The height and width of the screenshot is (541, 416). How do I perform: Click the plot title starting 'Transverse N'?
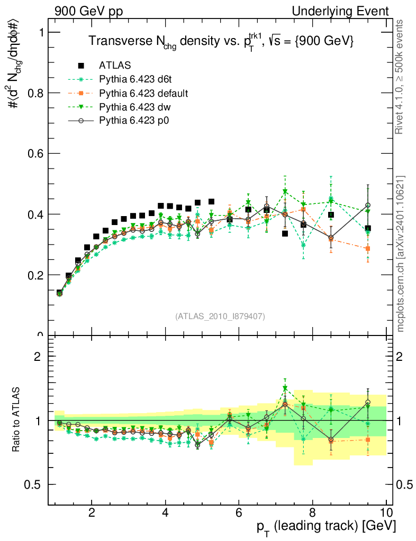point(221,42)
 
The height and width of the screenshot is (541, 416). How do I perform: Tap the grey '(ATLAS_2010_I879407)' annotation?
point(220,316)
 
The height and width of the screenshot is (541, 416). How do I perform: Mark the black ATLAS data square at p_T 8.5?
point(331,215)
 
